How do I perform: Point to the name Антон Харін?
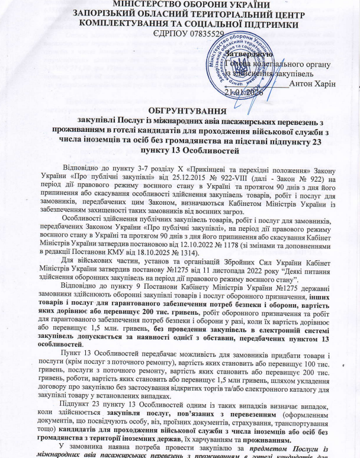tap(314, 83)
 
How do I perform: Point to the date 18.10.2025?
tap(159, 259)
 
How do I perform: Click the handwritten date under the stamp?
tap(242, 92)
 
